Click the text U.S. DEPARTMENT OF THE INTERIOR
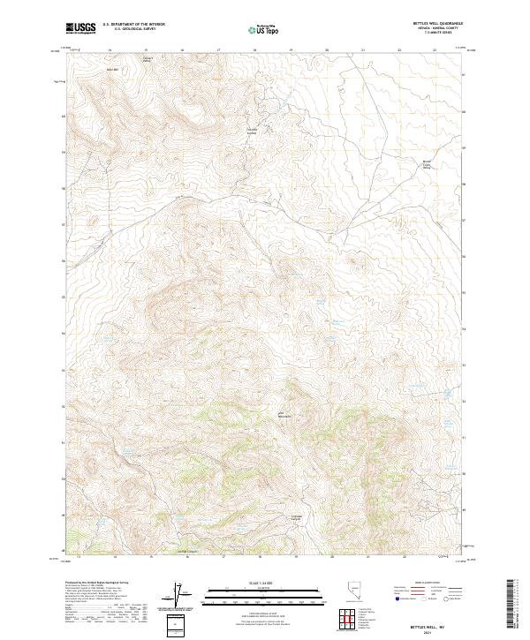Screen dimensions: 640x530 point(133,25)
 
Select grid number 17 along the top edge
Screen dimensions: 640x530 point(218,50)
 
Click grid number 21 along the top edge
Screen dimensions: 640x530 point(363,50)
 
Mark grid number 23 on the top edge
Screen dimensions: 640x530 point(435,50)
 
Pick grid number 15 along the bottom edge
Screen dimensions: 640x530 point(153,557)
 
